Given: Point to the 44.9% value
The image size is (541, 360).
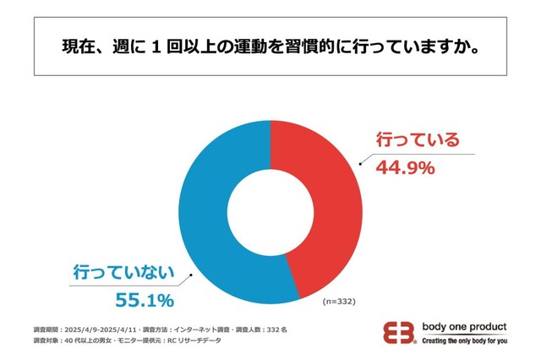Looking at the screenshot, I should (x=404, y=166).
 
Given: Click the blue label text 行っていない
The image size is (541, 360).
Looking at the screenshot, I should (x=123, y=272).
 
